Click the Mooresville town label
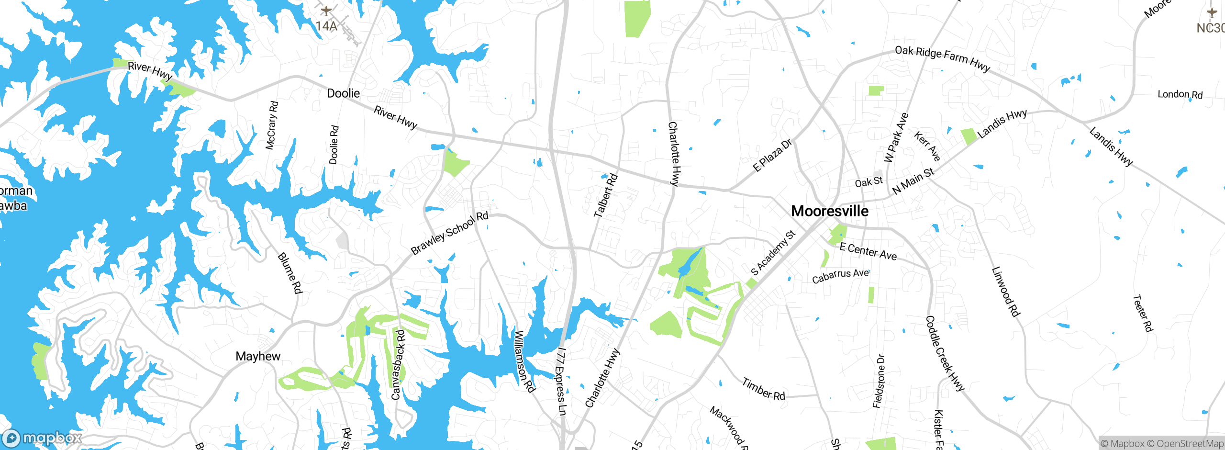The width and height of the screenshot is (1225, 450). tap(830, 211)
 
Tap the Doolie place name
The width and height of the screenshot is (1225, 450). tap(343, 93)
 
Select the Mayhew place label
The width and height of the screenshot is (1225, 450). tap(258, 356)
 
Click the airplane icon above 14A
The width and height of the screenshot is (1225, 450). tap(326, 11)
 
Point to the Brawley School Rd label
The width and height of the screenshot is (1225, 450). tap(449, 233)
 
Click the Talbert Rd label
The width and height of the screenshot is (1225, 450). tap(606, 196)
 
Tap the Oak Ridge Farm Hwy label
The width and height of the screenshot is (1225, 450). tap(942, 58)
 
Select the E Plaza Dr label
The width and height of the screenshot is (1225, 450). tap(772, 155)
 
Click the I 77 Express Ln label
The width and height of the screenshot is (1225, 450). tap(561, 381)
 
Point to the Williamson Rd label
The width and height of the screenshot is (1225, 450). tap(523, 361)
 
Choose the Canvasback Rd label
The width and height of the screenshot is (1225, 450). tap(398, 364)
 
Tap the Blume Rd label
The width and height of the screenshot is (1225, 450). tap(290, 273)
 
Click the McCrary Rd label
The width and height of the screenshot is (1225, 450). tap(271, 125)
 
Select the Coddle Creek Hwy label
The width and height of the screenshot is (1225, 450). tap(945, 353)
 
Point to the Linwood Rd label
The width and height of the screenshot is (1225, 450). tap(1005, 292)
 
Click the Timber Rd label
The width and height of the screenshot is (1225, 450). tap(763, 389)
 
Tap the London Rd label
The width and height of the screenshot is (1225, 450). tap(1180, 94)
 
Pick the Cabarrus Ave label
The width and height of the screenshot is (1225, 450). tap(840, 276)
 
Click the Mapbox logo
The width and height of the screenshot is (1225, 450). tap(42, 438)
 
